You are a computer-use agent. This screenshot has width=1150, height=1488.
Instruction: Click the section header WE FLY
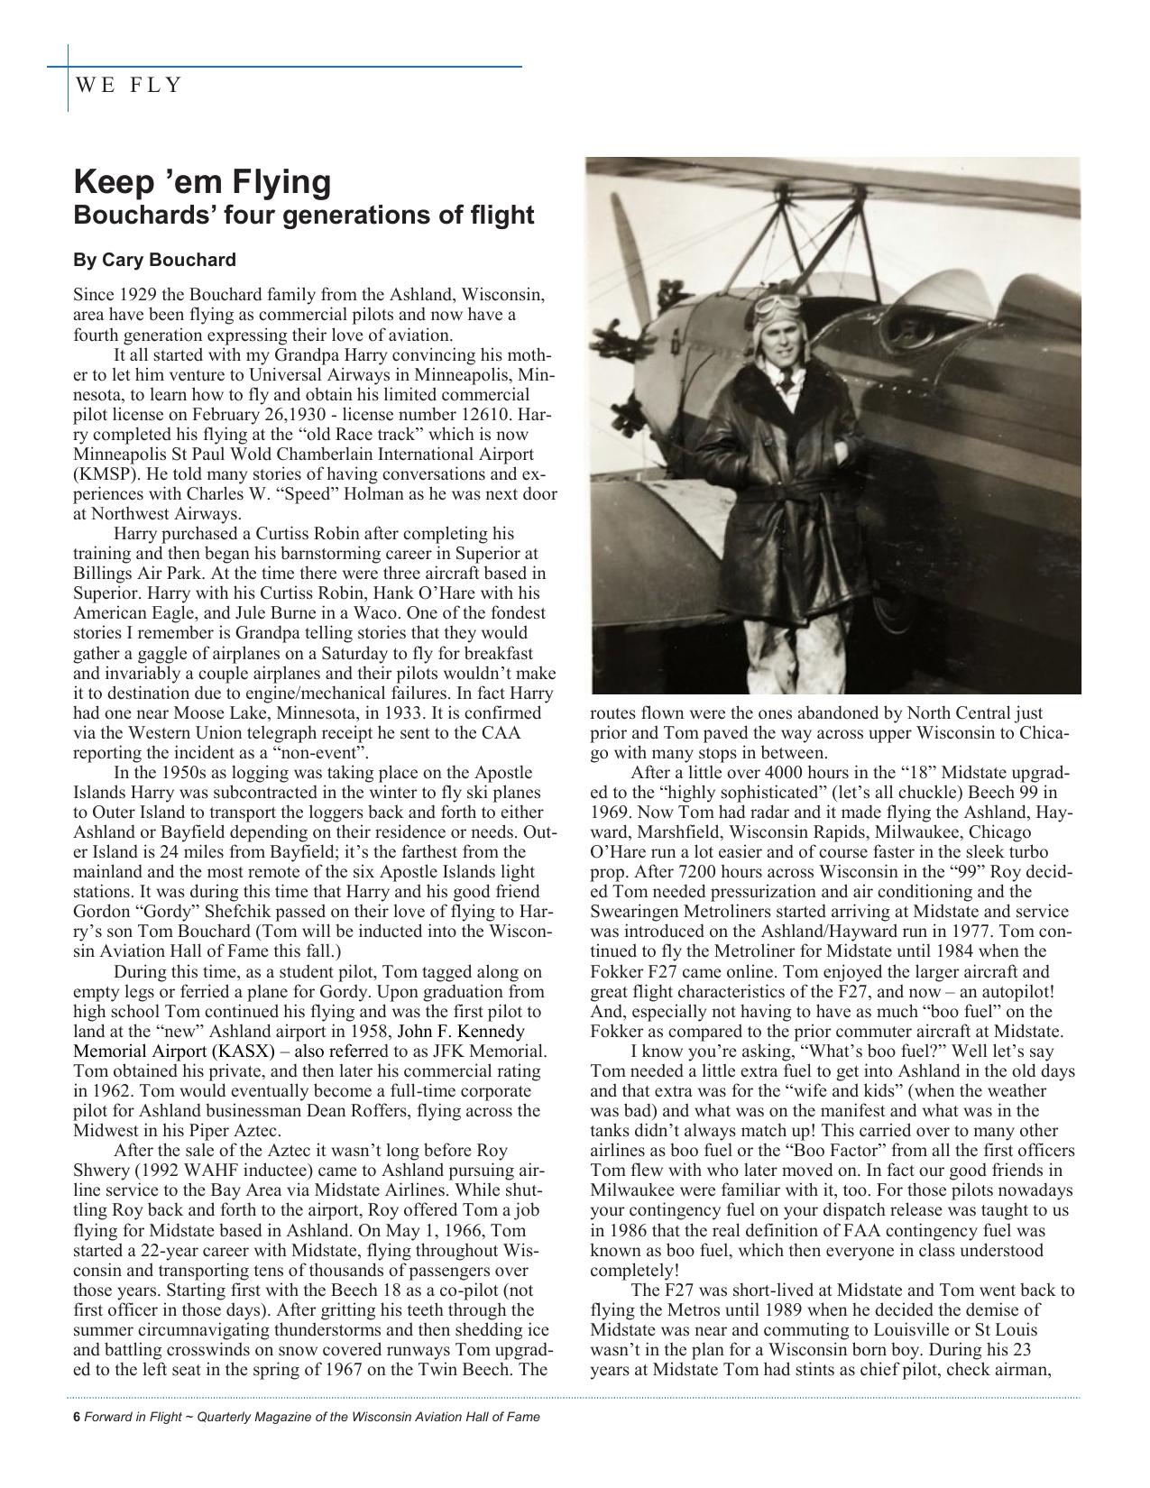point(129,86)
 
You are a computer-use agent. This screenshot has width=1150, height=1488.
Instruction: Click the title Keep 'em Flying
point(202,182)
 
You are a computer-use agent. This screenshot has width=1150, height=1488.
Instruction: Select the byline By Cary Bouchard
point(154,261)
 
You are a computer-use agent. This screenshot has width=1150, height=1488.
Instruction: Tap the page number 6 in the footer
point(76,1417)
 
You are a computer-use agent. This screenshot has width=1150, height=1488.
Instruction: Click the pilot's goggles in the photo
point(776,308)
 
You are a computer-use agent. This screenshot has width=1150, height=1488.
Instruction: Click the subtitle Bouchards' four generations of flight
point(303,216)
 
